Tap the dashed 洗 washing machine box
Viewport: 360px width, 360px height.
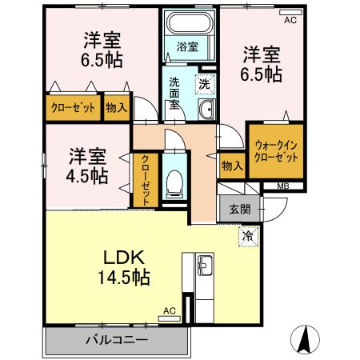[204, 82]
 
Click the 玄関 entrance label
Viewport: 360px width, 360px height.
[239, 210]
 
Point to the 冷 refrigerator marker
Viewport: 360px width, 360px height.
[247, 236]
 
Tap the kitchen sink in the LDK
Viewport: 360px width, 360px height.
[204, 264]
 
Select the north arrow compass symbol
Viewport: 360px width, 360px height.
[306, 338]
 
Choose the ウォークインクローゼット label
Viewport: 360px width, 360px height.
[276, 150]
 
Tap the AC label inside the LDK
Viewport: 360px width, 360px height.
[169, 310]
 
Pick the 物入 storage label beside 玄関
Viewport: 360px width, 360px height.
[232, 166]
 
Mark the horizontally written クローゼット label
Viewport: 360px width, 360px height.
[74, 106]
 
